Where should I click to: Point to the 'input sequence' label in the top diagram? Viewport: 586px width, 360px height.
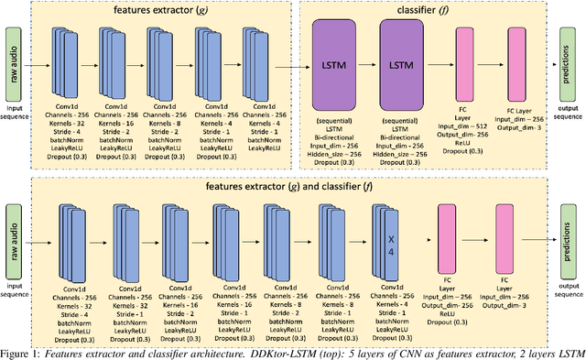(x=16, y=113)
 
